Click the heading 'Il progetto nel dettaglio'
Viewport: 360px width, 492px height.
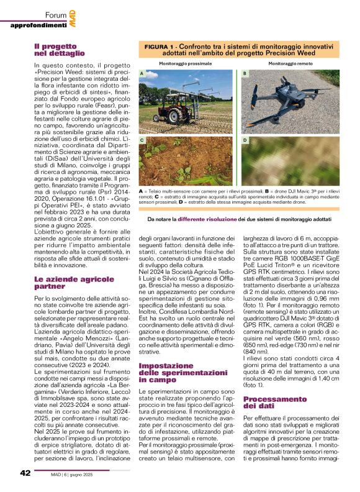click(58, 50)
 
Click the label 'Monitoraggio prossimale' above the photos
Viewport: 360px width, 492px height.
click(186, 64)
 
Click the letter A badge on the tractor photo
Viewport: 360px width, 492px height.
click(142, 74)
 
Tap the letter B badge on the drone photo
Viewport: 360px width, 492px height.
click(245, 74)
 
